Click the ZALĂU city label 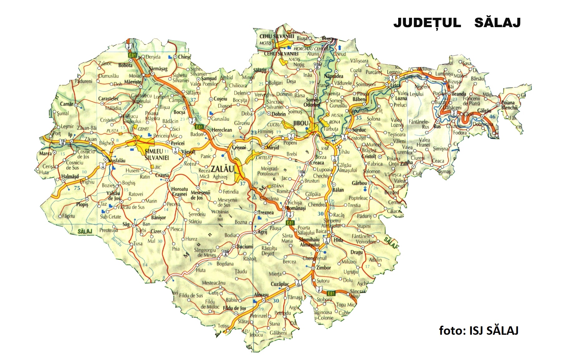point(222,169)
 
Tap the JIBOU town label point(301,123)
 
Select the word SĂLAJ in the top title point(497,23)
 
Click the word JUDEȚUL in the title point(427,23)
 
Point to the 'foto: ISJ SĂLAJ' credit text point(478,330)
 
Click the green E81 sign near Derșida point(133,55)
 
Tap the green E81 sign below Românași point(290,223)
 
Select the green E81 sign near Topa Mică point(331,293)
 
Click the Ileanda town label point(458,94)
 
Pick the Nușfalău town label point(117,160)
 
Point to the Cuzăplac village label point(280,284)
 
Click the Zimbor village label point(323,267)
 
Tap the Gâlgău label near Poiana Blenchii point(484,111)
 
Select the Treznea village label point(266,212)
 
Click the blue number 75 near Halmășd point(77,188)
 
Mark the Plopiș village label point(82,204)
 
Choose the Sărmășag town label point(158,69)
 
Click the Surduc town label point(359,130)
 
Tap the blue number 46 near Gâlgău point(492,117)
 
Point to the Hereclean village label point(222,130)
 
